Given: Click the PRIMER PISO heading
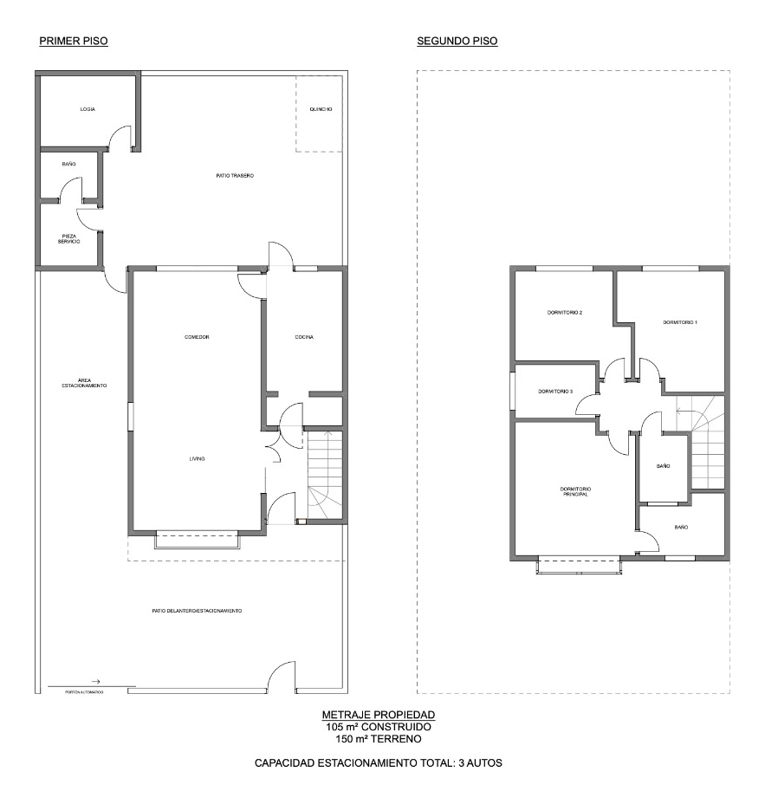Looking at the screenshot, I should [74, 41].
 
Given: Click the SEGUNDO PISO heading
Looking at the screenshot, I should [457, 41].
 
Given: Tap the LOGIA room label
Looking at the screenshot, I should [88, 109].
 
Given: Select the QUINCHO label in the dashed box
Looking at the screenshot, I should [321, 109].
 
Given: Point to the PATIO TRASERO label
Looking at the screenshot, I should [235, 176].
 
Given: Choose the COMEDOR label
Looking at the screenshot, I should [198, 337].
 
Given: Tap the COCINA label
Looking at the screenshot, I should [303, 337].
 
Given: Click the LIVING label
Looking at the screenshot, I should [198, 459].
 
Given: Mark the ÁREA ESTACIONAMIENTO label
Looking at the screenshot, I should [84, 382].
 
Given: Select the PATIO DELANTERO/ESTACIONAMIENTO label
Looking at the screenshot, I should [197, 611].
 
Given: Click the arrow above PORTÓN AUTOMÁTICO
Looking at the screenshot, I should [96, 682].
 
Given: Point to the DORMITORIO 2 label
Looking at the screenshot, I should [564, 313].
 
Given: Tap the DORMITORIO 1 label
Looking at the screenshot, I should [680, 322].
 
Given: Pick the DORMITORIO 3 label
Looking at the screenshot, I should [555, 392].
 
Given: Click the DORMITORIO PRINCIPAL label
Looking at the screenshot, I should [574, 491].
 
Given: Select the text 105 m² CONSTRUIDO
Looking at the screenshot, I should [379, 727].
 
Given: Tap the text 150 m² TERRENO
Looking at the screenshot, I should [379, 739].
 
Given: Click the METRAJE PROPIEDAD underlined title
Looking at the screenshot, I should [379, 715].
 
